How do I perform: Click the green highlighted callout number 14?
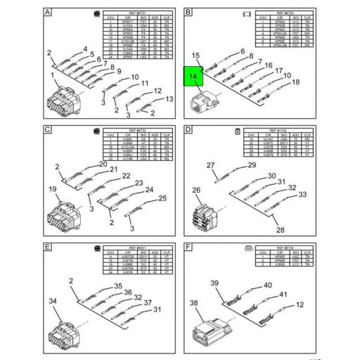tap(192, 77)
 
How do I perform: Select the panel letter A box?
tap(46, 13)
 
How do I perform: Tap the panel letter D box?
tap(188, 130)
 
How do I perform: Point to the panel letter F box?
tap(188, 247)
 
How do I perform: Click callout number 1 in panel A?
tap(51, 75)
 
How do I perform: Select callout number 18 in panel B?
tap(296, 82)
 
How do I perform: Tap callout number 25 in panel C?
tap(162, 198)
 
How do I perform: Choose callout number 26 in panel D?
tap(197, 190)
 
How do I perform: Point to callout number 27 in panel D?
tap(210, 166)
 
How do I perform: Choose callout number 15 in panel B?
tap(196, 56)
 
